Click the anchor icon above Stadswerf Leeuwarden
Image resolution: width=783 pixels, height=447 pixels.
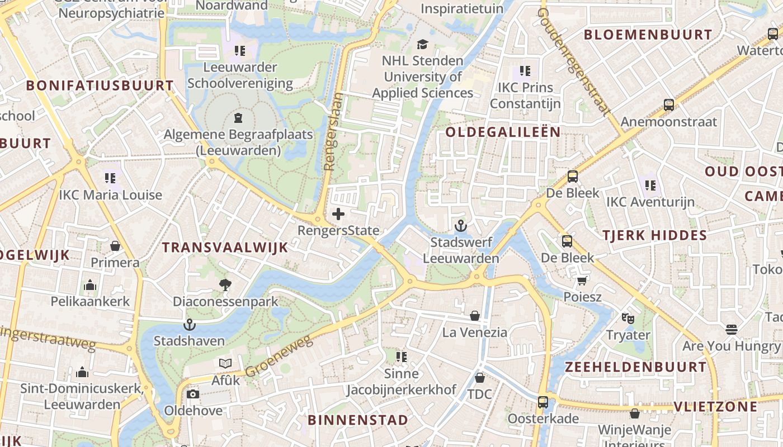[461, 226]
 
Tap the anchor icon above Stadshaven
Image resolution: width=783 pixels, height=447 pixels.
[190, 324]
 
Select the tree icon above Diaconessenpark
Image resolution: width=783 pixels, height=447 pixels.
[225, 285]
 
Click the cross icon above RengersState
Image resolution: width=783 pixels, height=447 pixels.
[338, 213]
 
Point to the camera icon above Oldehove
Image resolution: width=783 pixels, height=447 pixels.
[193, 394]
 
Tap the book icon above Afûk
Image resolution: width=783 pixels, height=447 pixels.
[225, 364]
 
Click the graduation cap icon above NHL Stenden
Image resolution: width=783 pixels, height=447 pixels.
[423, 44]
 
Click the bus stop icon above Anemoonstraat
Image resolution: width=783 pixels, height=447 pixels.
[668, 104]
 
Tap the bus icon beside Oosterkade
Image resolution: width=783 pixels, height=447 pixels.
[543, 402]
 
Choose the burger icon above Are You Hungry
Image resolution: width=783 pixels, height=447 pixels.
[732, 329]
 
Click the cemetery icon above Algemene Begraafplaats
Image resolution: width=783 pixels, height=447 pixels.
[238, 117]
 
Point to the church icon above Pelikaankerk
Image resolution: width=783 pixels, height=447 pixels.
[90, 285]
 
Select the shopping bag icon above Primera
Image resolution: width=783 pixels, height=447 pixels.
[115, 246]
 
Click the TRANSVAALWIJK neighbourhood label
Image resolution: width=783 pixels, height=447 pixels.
[225, 248]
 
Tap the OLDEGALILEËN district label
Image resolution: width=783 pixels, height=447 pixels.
[503, 132]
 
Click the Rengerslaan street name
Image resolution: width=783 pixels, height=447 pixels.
[332, 131]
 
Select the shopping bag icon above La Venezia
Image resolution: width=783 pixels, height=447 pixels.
[475, 316]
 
